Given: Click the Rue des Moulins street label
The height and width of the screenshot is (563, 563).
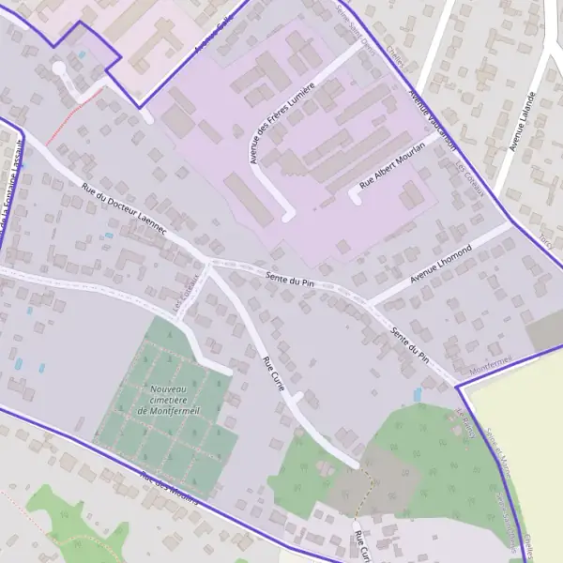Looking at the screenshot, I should point(169,488).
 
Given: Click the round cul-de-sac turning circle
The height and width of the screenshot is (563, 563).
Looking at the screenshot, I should point(59,68).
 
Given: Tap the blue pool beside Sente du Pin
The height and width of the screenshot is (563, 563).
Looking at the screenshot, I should point(417,395).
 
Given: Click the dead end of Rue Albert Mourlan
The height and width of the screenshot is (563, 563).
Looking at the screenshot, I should point(356,197).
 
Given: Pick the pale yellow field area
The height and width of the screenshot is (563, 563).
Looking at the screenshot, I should point(521,441).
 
